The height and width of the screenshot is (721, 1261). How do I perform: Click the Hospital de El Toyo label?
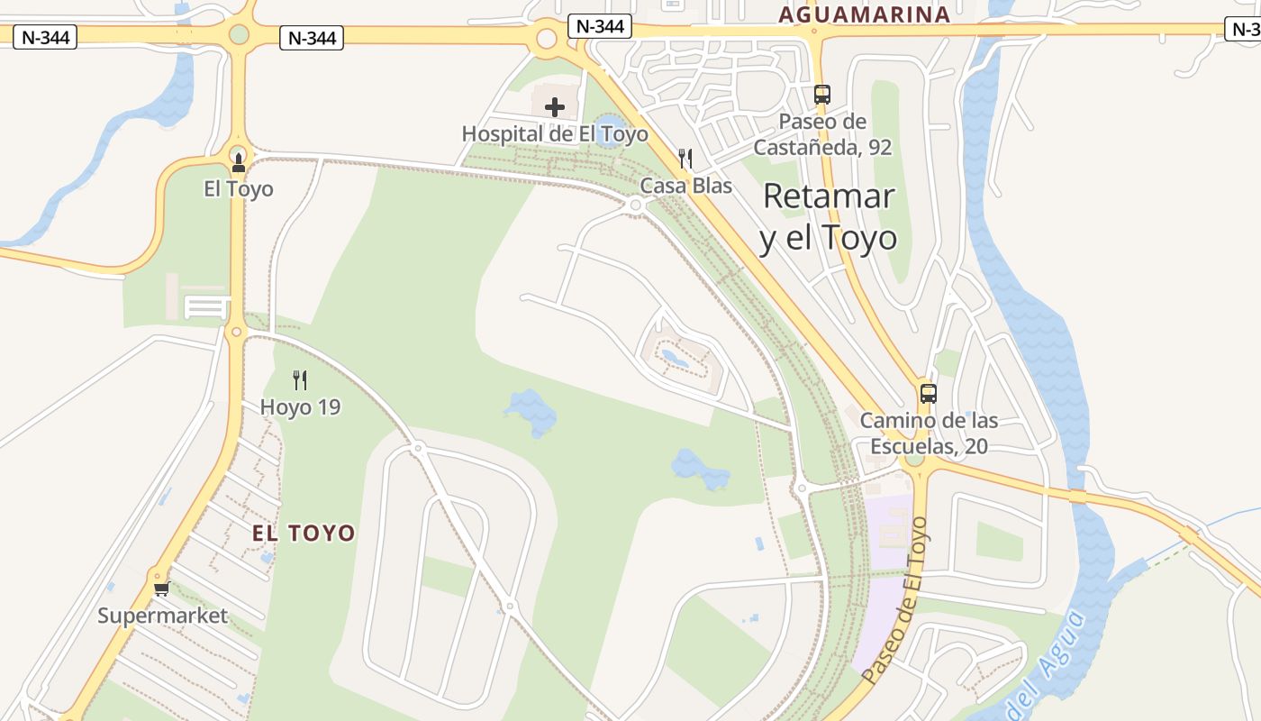(555, 134)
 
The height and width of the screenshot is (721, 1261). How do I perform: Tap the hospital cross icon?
(555, 107)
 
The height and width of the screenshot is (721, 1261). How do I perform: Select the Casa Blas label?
(686, 186)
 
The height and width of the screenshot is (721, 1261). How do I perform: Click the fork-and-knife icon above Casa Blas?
(685, 159)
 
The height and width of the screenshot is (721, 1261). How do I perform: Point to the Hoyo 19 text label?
(300, 407)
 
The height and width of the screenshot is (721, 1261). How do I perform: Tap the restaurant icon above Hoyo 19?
(300, 380)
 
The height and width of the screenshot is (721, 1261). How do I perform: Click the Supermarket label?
(162, 616)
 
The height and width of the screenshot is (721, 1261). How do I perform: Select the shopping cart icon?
(161, 589)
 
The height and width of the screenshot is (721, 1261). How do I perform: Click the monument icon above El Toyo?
(238, 163)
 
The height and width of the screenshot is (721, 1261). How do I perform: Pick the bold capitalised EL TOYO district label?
(304, 534)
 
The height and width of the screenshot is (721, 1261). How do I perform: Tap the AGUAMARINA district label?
(865, 14)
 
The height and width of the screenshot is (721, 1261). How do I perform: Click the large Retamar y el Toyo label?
(828, 217)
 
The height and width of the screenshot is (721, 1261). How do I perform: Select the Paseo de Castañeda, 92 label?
(822, 134)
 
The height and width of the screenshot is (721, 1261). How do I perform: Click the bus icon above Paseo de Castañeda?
(821, 94)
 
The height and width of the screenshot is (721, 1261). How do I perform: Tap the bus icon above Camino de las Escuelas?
(928, 394)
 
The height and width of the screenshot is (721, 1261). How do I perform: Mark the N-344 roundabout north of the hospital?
(547, 39)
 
